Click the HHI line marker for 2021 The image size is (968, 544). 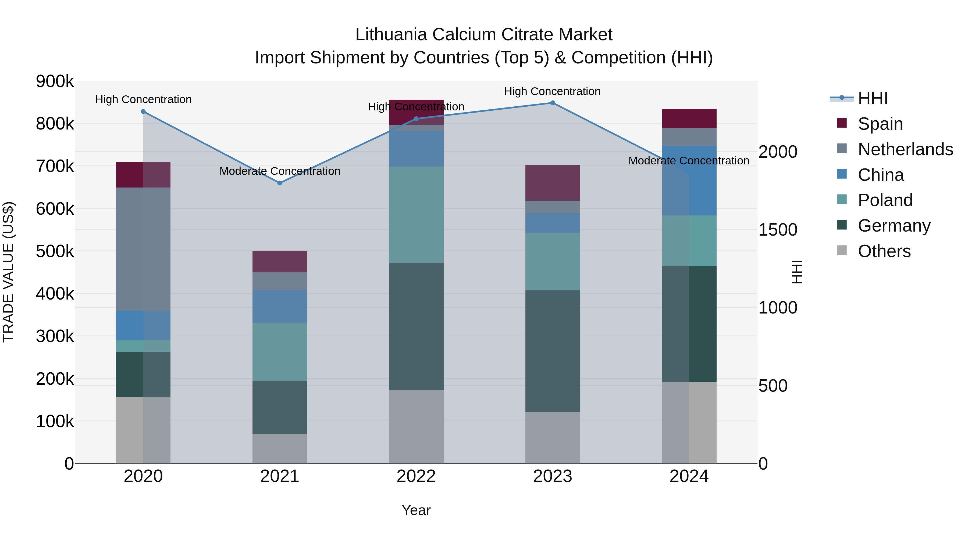280,183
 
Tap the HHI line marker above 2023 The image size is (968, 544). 552,103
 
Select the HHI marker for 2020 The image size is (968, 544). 143,111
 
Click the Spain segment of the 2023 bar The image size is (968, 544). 552,183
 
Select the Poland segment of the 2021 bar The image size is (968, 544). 280,352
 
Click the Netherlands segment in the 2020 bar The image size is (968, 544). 143,249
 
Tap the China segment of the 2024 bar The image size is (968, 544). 689,181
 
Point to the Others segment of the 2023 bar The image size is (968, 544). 552,438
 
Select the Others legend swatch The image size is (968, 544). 842,250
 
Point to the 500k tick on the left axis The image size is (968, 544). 55,251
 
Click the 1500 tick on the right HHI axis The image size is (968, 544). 777,230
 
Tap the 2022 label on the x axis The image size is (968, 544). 416,476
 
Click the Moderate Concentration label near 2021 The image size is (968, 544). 280,171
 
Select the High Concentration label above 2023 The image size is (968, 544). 552,91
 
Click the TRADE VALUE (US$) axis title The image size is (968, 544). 8,272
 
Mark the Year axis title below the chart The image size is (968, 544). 416,510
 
